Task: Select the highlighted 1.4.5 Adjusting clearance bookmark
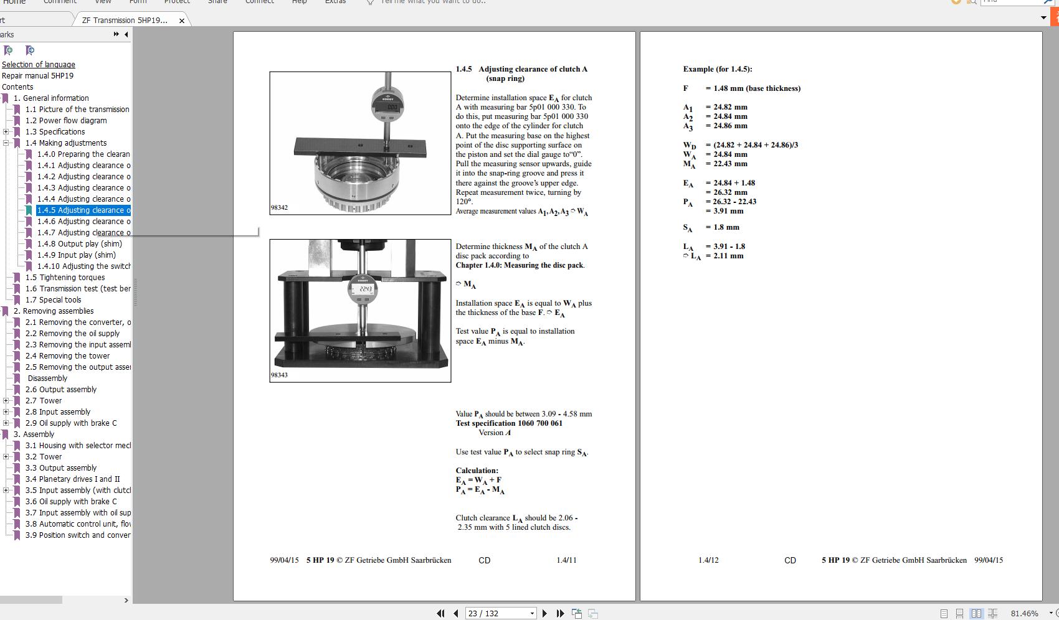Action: [83, 210]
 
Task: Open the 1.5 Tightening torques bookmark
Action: [65, 278]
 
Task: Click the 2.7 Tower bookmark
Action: [44, 401]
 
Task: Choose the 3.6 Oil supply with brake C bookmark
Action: [71, 502]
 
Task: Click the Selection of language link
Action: [39, 65]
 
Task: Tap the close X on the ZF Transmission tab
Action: [182, 21]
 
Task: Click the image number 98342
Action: [279, 208]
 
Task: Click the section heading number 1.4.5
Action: [463, 69]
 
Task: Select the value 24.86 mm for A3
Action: [730, 126]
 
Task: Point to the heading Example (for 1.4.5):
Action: [717, 69]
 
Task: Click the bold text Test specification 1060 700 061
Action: [508, 423]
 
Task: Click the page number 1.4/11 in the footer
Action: [566, 560]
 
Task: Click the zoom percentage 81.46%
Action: [1024, 613]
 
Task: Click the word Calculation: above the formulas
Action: [477, 471]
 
